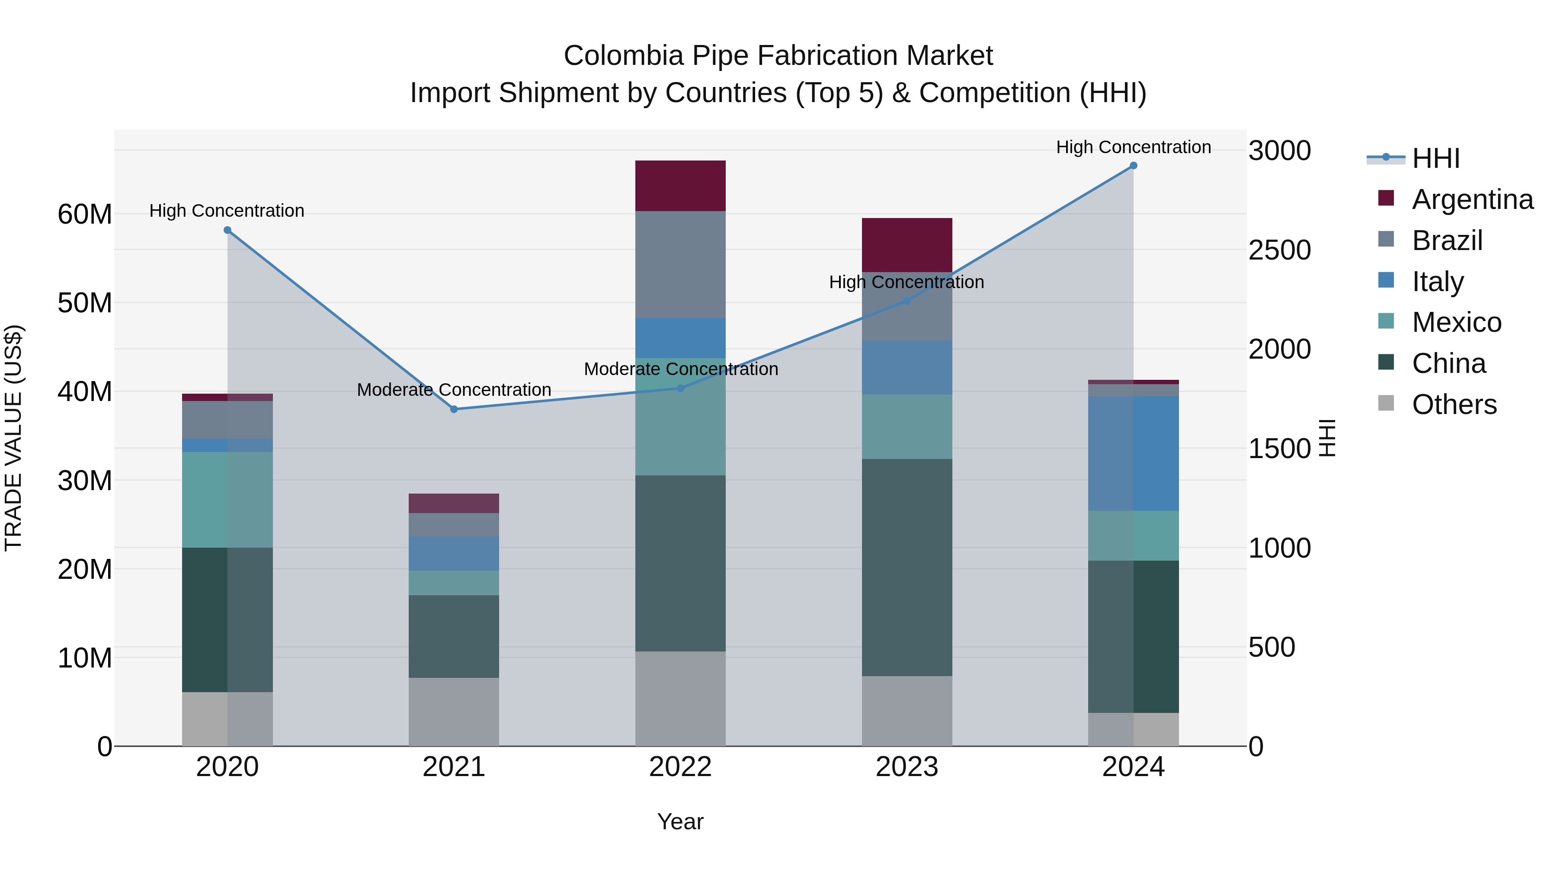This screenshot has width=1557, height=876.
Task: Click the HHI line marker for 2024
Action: (x=1133, y=166)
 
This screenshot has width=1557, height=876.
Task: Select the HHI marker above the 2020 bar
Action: (x=227, y=230)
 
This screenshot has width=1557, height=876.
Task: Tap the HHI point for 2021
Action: (x=454, y=409)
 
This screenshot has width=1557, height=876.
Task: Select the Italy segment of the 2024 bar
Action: (x=1133, y=453)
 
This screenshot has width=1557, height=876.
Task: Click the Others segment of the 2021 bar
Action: (x=454, y=712)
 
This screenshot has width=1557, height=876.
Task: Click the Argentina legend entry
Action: (x=1472, y=199)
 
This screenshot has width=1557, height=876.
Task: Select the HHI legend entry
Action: (x=1435, y=158)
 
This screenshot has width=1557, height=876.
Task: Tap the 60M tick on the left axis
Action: (x=85, y=214)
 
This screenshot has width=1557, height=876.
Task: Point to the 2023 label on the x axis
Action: (x=907, y=767)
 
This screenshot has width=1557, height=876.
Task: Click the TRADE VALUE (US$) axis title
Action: (x=13, y=438)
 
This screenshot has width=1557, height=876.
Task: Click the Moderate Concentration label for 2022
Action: (x=681, y=369)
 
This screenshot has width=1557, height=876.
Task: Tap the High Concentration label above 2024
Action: (x=1133, y=147)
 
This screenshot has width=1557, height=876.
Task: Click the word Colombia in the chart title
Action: (x=623, y=56)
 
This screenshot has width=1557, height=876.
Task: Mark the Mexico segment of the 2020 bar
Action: (x=227, y=500)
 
